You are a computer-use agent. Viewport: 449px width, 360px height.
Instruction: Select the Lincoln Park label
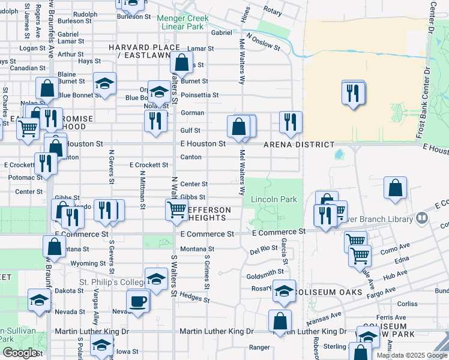[274, 199]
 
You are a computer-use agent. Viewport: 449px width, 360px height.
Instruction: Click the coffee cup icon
[137, 301]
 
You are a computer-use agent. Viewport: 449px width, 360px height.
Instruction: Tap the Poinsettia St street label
[200, 95]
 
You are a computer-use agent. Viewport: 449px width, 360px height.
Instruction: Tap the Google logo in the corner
[20, 352]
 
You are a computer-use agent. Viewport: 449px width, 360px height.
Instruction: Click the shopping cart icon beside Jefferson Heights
[176, 209]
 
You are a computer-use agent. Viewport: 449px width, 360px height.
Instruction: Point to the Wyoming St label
[88, 263]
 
